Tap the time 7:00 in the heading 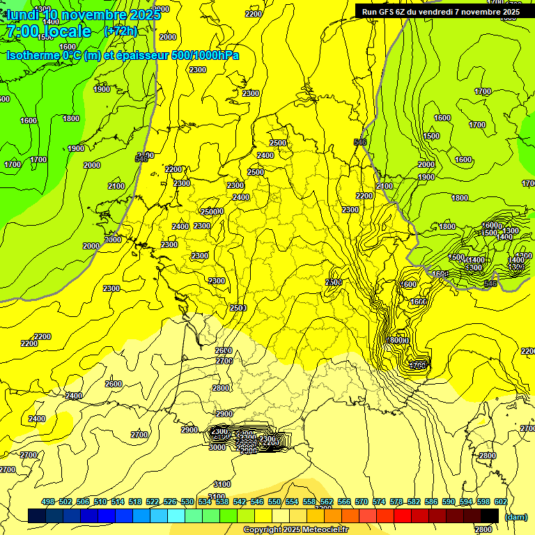(x=22, y=32)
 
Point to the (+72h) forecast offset (x=121, y=31)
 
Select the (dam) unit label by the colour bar (x=515, y=517)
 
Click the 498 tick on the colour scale (x=48, y=502)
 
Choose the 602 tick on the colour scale (x=501, y=502)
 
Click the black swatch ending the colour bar (x=490, y=515)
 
